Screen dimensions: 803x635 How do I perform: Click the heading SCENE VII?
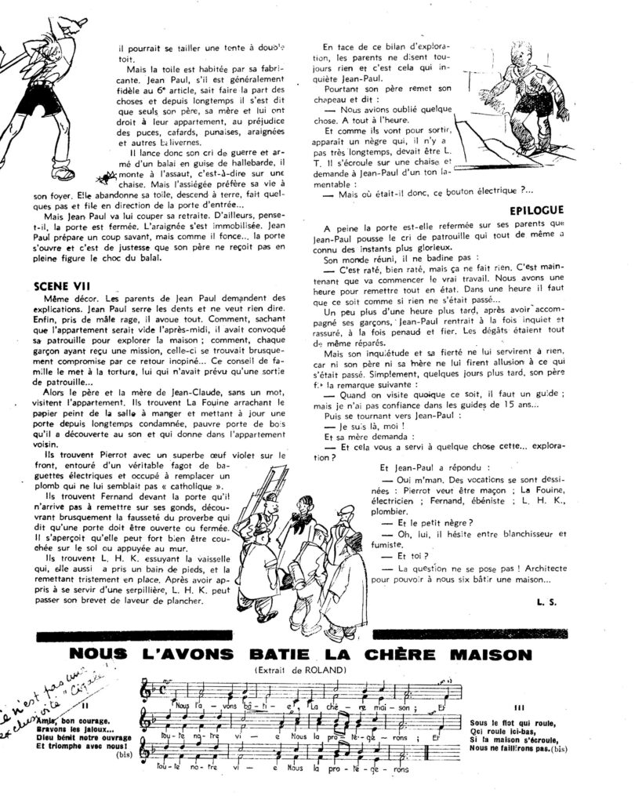[61, 286]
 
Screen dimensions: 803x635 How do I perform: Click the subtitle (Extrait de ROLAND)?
[317, 670]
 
